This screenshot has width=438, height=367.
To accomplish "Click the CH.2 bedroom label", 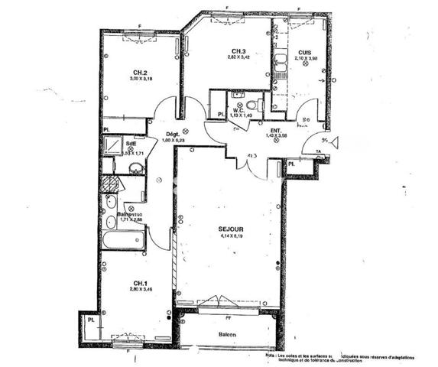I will pos(138,73).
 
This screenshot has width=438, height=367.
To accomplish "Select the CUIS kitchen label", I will pos(305,51).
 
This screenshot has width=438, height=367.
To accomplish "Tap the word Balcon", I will pos(225,334).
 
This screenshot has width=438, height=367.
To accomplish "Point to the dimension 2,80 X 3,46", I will pos(138,289).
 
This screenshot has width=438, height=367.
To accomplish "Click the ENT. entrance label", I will pos(275,131).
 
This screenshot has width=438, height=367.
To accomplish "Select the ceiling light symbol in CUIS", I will pos(305,65).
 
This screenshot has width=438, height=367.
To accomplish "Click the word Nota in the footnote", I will pos(271,355).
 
